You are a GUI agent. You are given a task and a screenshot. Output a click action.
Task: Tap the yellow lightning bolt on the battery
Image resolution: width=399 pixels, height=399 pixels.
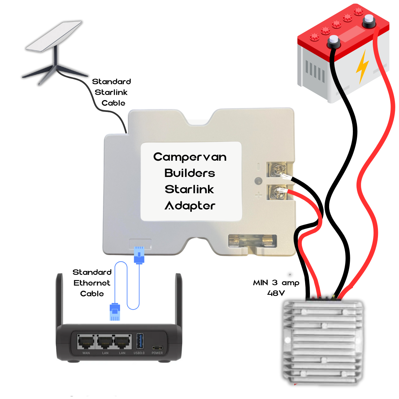(362, 66)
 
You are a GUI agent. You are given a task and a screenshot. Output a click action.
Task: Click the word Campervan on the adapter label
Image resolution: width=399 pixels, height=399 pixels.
(190, 157)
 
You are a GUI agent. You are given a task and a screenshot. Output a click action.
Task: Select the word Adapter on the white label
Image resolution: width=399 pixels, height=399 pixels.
(190, 205)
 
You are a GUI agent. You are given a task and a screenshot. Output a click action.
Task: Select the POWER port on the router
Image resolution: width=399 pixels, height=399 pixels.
(157, 348)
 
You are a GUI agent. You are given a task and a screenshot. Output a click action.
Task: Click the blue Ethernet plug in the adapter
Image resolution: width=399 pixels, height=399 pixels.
(139, 255)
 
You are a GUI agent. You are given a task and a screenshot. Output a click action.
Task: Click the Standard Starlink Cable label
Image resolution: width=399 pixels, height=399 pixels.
(111, 92)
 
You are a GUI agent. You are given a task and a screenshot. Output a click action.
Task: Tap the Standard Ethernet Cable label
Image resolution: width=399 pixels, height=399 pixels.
(92, 283)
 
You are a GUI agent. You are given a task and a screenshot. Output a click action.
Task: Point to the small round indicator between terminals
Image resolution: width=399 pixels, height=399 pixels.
(258, 181)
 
